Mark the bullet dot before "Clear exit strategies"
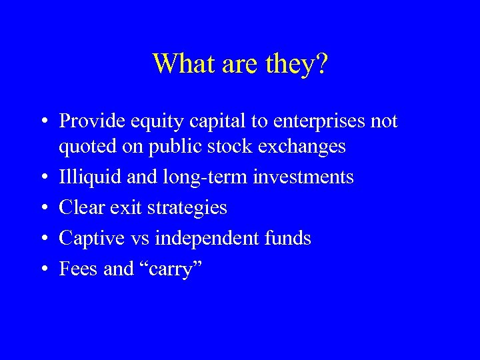click(43, 209)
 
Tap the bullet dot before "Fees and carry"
click(43, 270)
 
